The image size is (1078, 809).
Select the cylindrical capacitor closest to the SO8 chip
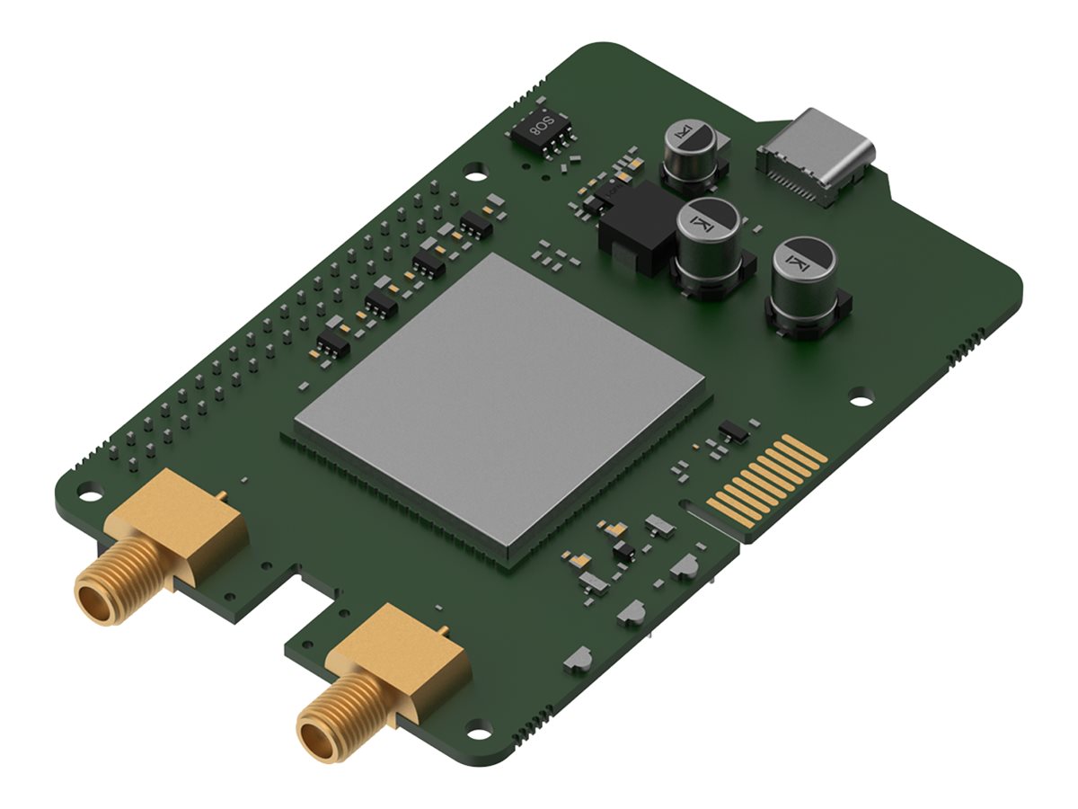tap(689, 155)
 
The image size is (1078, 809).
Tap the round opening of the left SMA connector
tap(93, 600)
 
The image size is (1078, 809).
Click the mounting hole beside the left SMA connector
tap(89, 492)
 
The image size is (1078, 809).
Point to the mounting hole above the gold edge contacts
tap(861, 394)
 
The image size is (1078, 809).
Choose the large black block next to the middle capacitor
tap(636, 229)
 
